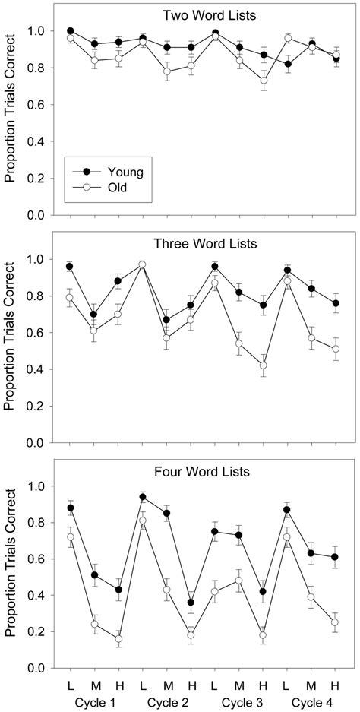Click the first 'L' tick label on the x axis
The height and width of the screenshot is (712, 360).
coord(71,685)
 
